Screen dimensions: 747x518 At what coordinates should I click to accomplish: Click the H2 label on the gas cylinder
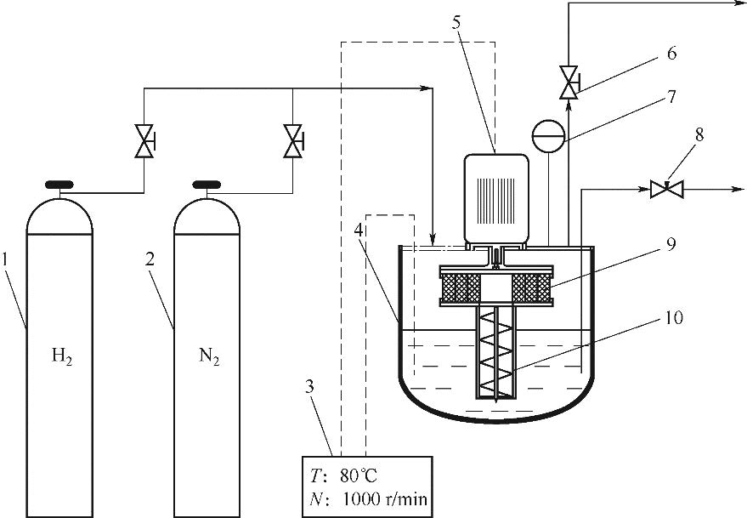point(62,356)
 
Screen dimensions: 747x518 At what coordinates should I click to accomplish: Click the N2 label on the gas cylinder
point(209,356)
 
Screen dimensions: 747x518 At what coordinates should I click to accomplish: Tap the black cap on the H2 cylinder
point(59,184)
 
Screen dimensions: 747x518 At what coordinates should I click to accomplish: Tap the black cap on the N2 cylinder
point(207,184)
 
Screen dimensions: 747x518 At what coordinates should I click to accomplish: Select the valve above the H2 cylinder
point(144,141)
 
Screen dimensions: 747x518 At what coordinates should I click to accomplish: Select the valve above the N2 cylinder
point(293,141)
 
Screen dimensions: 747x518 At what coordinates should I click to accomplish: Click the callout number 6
point(671,54)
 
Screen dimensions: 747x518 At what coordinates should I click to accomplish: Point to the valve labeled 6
point(569,83)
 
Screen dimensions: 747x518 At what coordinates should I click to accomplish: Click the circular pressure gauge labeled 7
point(548,136)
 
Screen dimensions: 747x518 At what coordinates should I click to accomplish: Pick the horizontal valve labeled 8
point(667,190)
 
